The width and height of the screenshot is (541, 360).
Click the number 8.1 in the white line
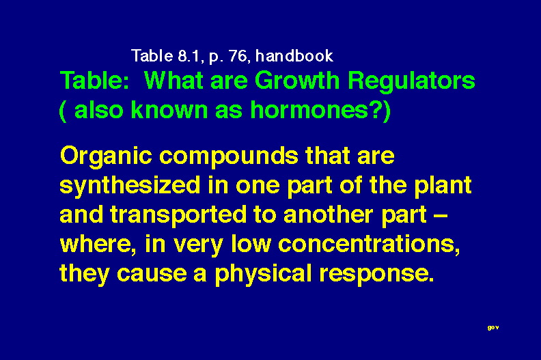tap(189, 56)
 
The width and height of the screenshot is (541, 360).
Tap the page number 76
tap(238, 56)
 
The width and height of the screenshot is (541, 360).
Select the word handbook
tap(294, 56)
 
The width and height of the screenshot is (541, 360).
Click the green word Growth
tap(297, 81)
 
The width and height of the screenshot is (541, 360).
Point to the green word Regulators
tap(411, 81)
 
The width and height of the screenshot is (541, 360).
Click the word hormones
tap(309, 110)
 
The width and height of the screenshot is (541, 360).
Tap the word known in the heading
tap(169, 110)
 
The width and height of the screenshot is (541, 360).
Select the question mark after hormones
tap(376, 110)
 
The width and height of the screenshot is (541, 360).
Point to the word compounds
tap(228, 157)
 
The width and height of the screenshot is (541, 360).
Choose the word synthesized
tap(130, 186)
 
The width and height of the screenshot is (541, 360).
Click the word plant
tap(443, 186)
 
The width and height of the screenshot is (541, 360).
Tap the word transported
tap(178, 215)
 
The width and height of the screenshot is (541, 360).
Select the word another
tap(328, 214)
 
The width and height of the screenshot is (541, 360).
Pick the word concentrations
tap(369, 245)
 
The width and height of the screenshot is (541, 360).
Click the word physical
tap(263, 275)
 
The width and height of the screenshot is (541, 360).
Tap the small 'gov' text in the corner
tap(493, 328)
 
